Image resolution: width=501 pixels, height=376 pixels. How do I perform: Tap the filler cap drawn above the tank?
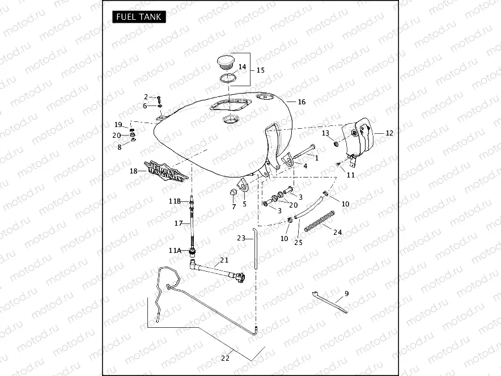[x=229, y=62]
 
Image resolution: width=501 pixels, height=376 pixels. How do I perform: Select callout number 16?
[x=302, y=102]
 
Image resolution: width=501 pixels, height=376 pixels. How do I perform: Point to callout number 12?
[x=389, y=133]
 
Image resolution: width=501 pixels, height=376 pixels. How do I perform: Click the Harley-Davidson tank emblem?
[x=165, y=169]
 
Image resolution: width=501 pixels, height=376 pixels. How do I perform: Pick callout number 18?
[x=134, y=171]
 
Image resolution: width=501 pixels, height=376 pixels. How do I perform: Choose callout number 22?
[x=226, y=358]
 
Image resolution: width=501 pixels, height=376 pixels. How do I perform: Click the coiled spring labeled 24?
[x=319, y=221]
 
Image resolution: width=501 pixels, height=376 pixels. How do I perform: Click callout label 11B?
[x=175, y=201]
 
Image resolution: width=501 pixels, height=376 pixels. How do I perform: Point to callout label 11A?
[x=175, y=250]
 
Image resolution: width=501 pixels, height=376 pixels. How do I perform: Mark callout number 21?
[x=224, y=260]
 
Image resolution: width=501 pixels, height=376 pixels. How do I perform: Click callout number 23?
[x=241, y=239]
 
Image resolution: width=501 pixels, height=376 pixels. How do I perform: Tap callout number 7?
[x=233, y=207]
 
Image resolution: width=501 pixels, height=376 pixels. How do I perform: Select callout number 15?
[x=261, y=70]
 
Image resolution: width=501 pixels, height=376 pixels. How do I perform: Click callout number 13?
[x=325, y=133]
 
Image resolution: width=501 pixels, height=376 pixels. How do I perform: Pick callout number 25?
[x=298, y=242]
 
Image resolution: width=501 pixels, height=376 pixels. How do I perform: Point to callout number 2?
[x=146, y=97]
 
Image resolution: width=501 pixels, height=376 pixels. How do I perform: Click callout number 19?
[x=118, y=125]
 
